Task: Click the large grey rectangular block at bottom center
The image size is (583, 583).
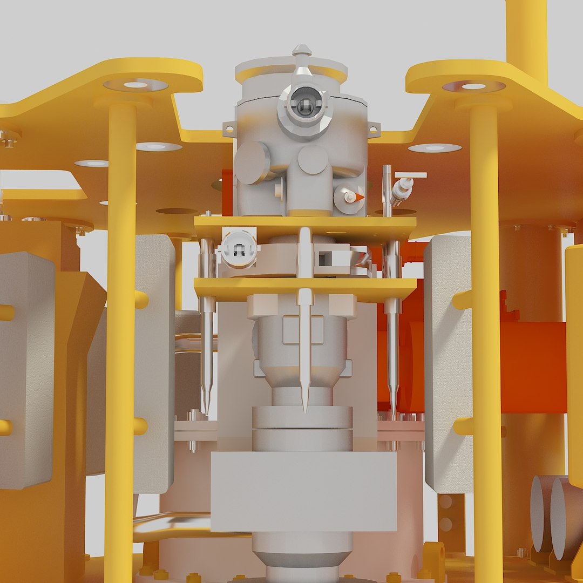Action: (x=303, y=491)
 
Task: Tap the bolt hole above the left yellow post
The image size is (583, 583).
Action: (x=135, y=85)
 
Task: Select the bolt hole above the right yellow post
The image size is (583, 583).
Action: (x=473, y=86)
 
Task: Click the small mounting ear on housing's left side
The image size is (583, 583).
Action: (x=229, y=129)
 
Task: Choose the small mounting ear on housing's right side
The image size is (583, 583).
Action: (x=374, y=129)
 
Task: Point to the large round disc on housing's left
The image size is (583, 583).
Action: (x=252, y=162)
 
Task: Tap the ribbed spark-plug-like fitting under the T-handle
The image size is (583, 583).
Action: (x=401, y=192)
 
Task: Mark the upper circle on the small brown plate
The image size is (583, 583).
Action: (x=446, y=501)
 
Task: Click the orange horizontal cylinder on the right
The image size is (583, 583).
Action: (x=532, y=367)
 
